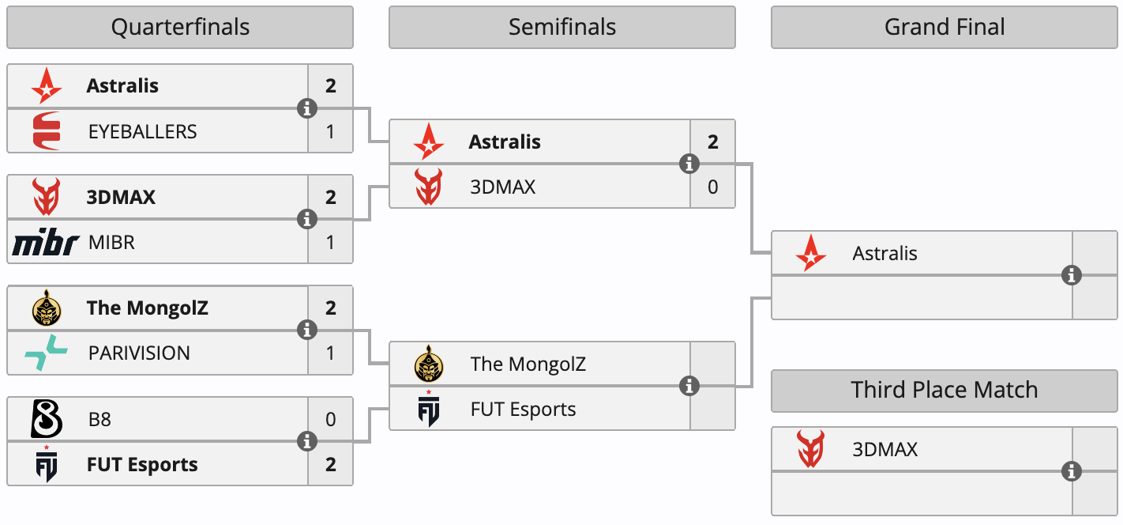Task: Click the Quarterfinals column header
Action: [x=180, y=28]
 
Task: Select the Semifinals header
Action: [x=561, y=28]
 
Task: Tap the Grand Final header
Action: [x=945, y=28]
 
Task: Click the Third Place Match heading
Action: [x=945, y=390]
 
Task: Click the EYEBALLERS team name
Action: [x=142, y=131]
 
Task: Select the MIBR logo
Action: [x=46, y=243]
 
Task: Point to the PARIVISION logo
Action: [x=46, y=353]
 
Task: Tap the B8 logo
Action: [x=46, y=419]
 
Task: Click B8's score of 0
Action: [x=330, y=419]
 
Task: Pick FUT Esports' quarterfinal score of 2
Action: [x=330, y=465]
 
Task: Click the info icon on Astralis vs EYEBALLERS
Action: [x=307, y=108]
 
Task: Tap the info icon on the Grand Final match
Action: [x=1072, y=275]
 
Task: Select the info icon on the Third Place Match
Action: [x=1072, y=472]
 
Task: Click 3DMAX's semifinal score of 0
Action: [x=712, y=187]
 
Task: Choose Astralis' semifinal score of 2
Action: [x=712, y=142]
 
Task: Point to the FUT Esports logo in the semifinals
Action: [x=429, y=410]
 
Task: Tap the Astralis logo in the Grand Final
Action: [x=811, y=254]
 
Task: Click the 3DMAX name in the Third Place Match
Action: [x=885, y=450]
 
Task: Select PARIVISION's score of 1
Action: [x=330, y=353]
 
